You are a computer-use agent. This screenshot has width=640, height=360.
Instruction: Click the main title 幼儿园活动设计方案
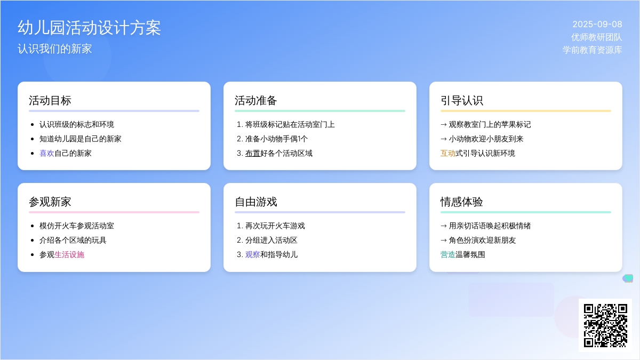pos(89,28)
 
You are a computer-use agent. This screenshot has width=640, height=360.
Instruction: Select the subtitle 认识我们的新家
pos(55,49)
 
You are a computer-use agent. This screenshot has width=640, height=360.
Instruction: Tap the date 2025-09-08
pos(597,25)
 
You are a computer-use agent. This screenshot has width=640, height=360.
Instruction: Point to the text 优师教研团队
pos(597,37)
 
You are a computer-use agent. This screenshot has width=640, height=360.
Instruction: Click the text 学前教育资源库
pos(593,50)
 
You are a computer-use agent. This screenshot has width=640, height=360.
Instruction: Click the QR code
pos(605,325)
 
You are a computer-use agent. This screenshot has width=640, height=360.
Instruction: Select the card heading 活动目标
pos(50,101)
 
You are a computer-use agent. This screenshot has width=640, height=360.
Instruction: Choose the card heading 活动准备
pos(255,101)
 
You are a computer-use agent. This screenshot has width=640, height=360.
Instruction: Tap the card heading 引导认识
pos(462,101)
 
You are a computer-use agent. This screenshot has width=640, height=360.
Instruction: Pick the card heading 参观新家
pos(50,202)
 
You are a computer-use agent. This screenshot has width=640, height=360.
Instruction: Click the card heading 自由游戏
pos(255,202)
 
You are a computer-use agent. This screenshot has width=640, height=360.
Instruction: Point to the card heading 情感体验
pos(462,202)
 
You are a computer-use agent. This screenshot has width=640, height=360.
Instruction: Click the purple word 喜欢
pos(47,154)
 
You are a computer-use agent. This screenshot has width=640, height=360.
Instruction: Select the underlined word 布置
pos(253,154)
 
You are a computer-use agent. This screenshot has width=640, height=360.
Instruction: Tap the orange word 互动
pos(448,154)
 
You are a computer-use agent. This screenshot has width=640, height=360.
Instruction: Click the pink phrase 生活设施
pos(69,254)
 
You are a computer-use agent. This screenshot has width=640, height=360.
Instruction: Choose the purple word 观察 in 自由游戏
pos(253,254)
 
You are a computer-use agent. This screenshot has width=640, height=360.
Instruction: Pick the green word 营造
pos(448,254)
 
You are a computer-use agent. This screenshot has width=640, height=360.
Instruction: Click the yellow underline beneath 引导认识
pos(526,111)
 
